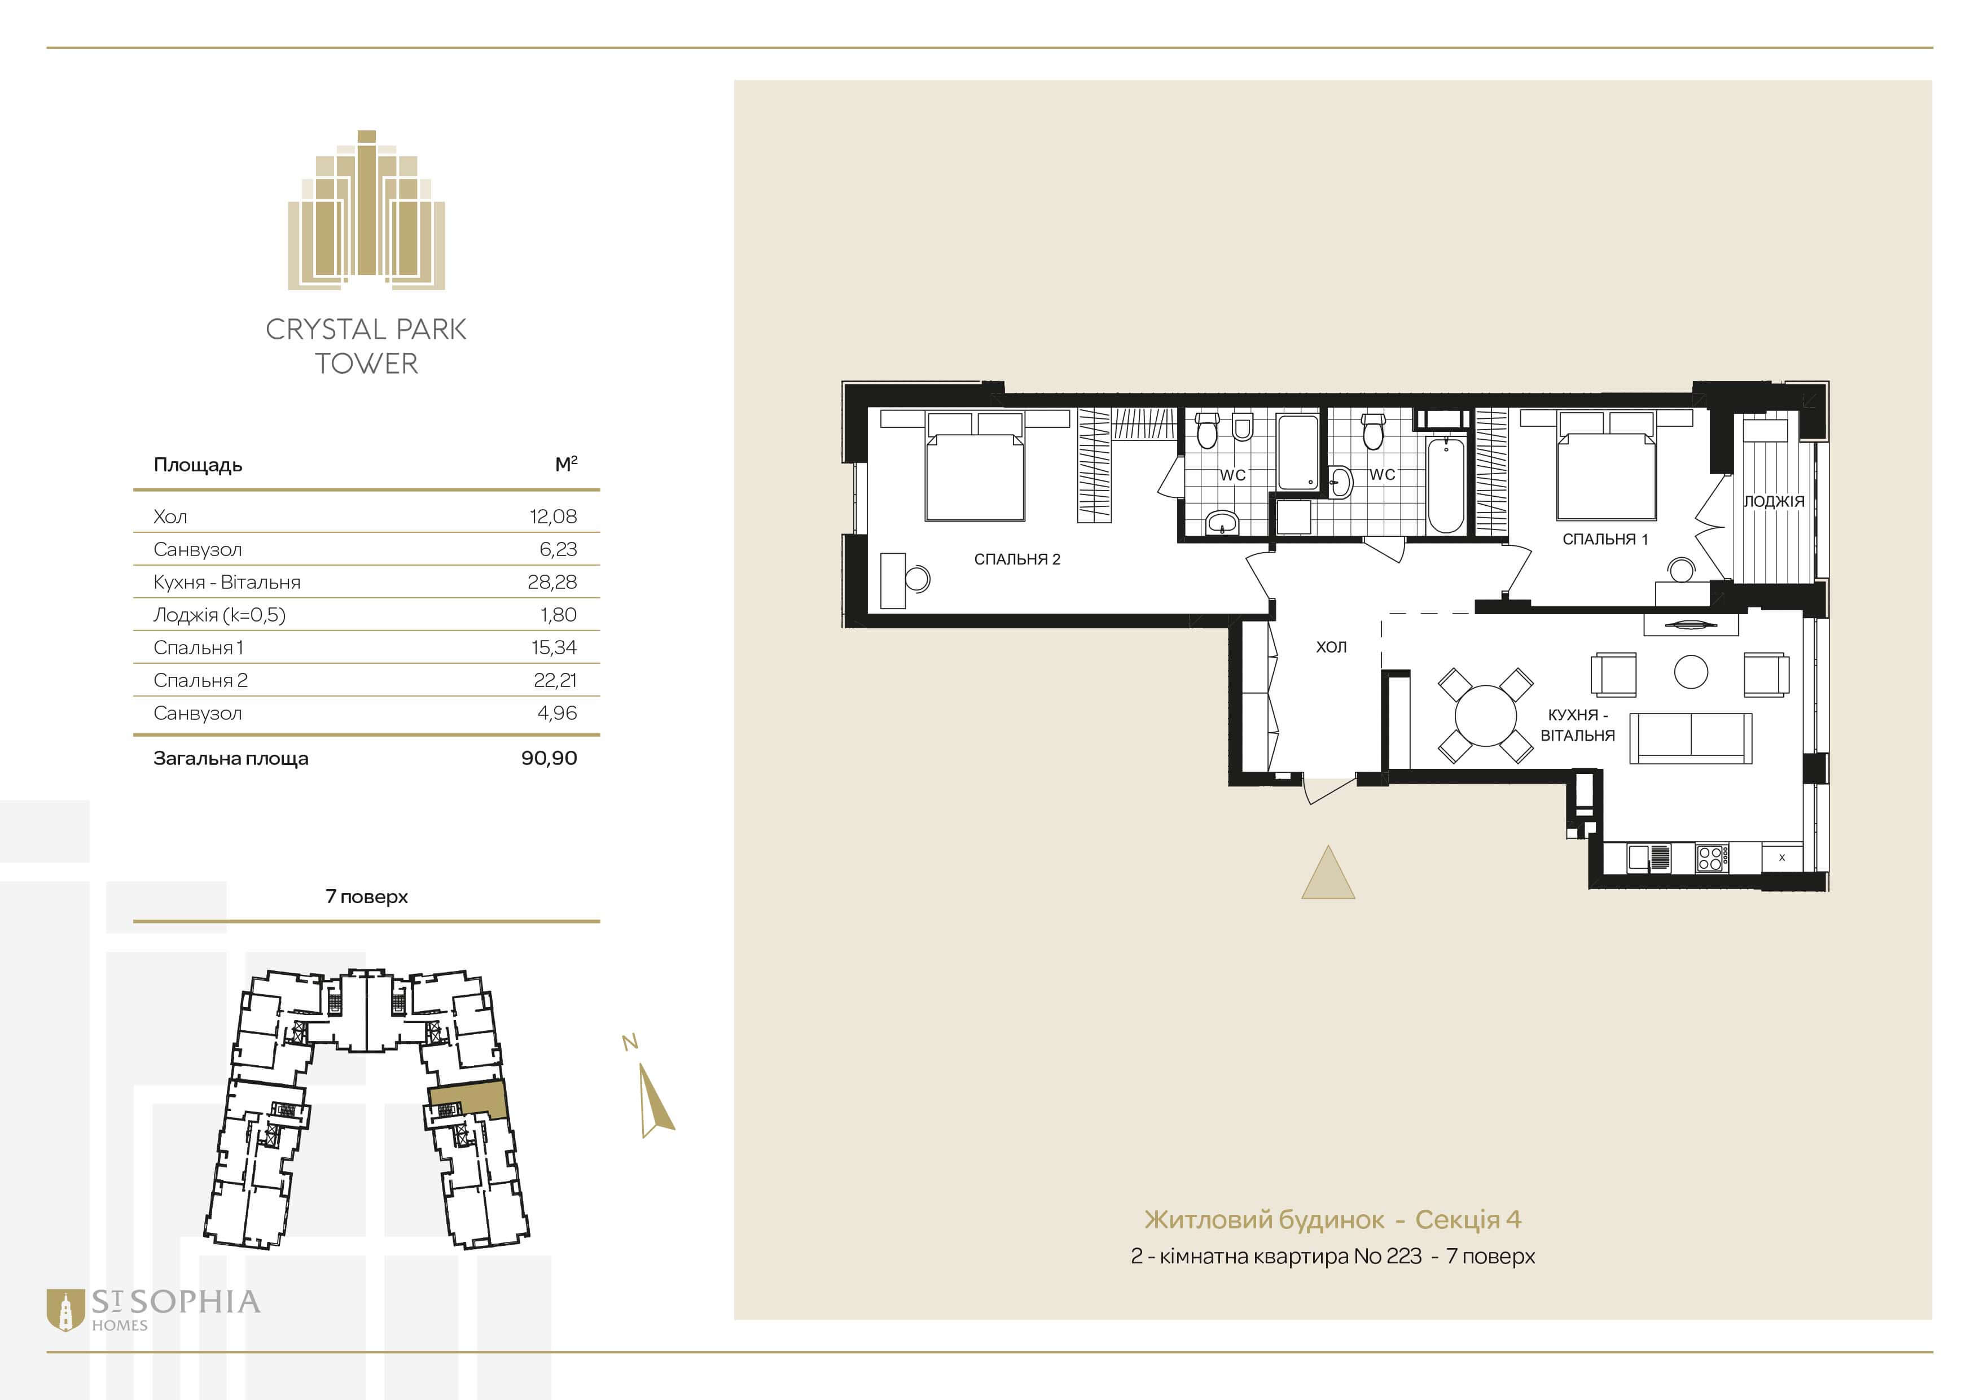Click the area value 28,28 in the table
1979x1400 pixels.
point(552,583)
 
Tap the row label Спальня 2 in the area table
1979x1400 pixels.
point(200,681)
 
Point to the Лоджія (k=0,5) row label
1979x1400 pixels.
point(219,615)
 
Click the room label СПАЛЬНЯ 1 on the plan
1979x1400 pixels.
point(1605,540)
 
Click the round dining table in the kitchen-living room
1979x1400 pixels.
point(1485,715)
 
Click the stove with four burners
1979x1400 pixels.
point(1710,857)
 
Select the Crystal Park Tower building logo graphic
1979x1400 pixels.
point(366,209)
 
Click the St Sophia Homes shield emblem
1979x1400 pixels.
point(65,1310)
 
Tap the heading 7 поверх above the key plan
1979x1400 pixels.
point(366,896)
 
